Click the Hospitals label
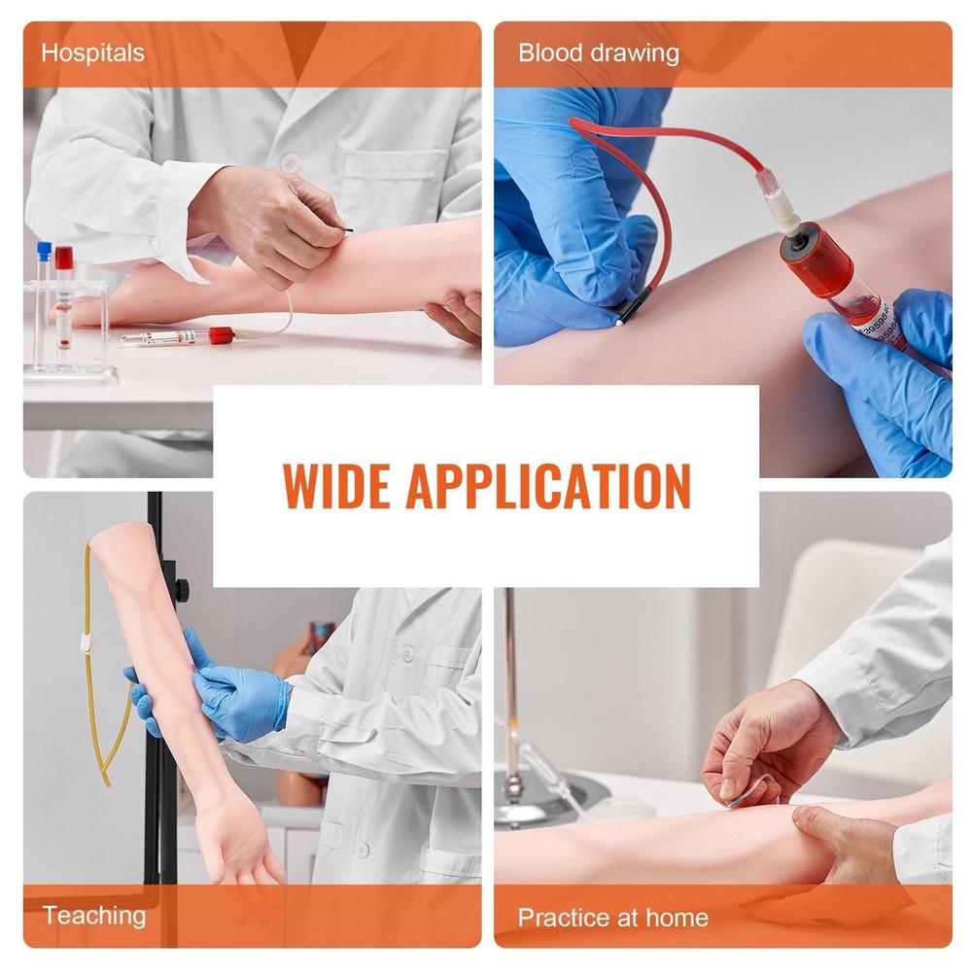(x=93, y=52)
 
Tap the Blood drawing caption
(x=598, y=52)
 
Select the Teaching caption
(x=93, y=915)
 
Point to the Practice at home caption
(x=612, y=917)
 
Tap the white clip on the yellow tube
(x=85, y=643)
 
